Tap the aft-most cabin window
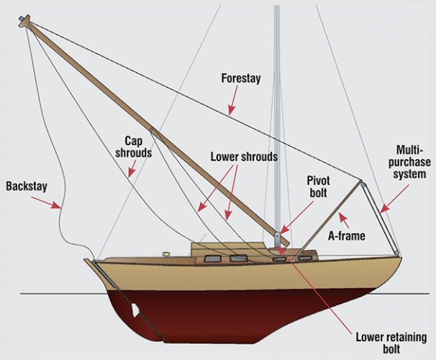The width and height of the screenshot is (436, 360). tap(212, 258)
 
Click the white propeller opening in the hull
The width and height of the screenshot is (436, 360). tap(135, 310)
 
